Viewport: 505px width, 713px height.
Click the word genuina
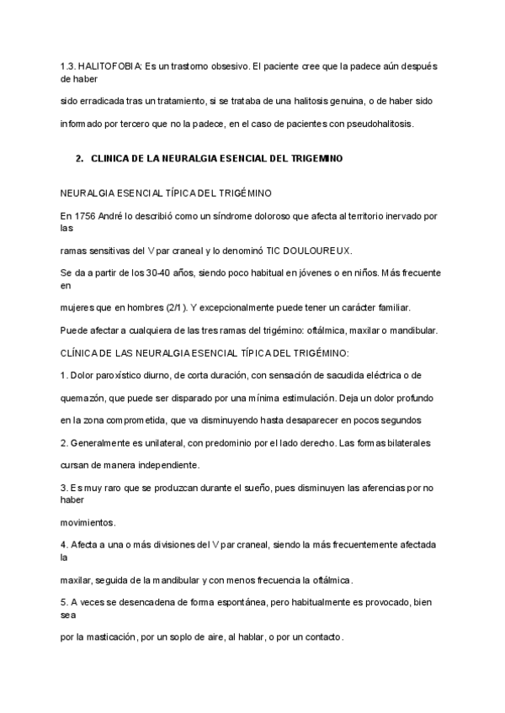point(347,101)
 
